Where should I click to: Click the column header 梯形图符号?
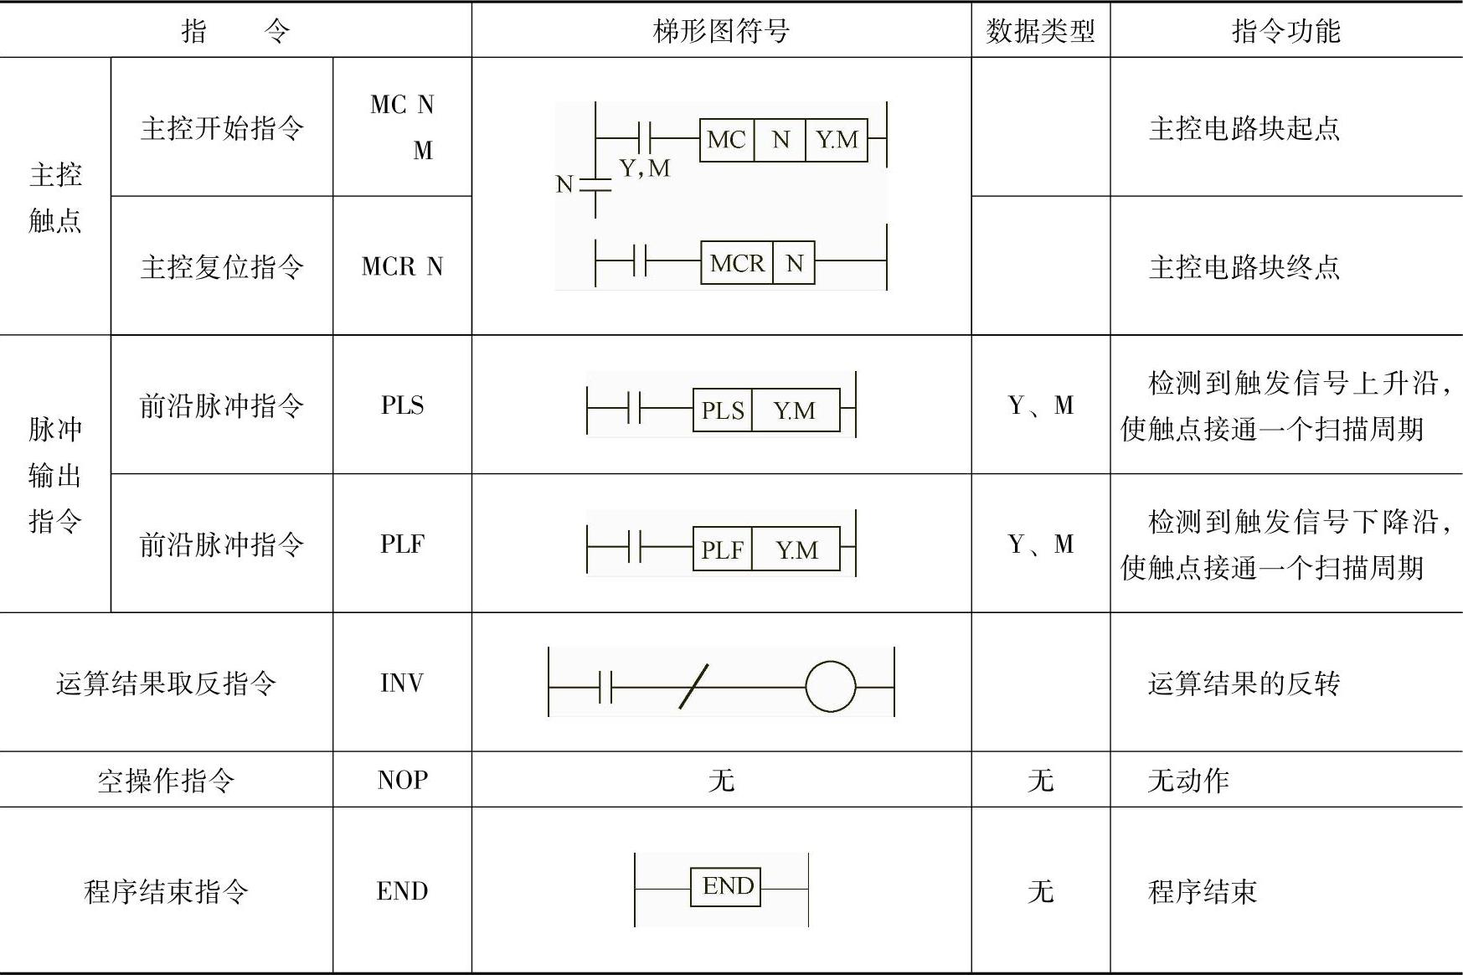pyautogui.click(x=721, y=31)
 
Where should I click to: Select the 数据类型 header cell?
pyautogui.click(x=1040, y=31)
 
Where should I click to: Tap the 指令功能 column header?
pyautogui.click(x=1285, y=31)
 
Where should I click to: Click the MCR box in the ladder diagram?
pyautogui.click(x=737, y=263)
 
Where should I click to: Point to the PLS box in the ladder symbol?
pyautogui.click(x=723, y=410)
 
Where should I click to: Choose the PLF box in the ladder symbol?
pyautogui.click(x=723, y=549)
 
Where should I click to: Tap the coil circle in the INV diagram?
pyautogui.click(x=831, y=687)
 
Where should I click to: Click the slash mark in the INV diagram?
pyautogui.click(x=693, y=687)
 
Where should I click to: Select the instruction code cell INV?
pyautogui.click(x=402, y=683)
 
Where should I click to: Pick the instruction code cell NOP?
pyautogui.click(x=402, y=780)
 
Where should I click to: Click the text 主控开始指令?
pyautogui.click(x=222, y=128)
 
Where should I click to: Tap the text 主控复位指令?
pyautogui.click(x=222, y=267)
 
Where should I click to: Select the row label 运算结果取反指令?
pyautogui.click(x=166, y=684)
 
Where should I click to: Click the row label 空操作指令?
pyautogui.click(x=166, y=781)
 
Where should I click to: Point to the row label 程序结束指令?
pyautogui.click(x=166, y=891)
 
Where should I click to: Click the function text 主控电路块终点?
pyautogui.click(x=1244, y=267)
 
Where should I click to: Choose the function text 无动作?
pyautogui.click(x=1188, y=781)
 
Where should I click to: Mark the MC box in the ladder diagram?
pyautogui.click(x=726, y=139)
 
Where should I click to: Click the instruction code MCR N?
pyautogui.click(x=402, y=266)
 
